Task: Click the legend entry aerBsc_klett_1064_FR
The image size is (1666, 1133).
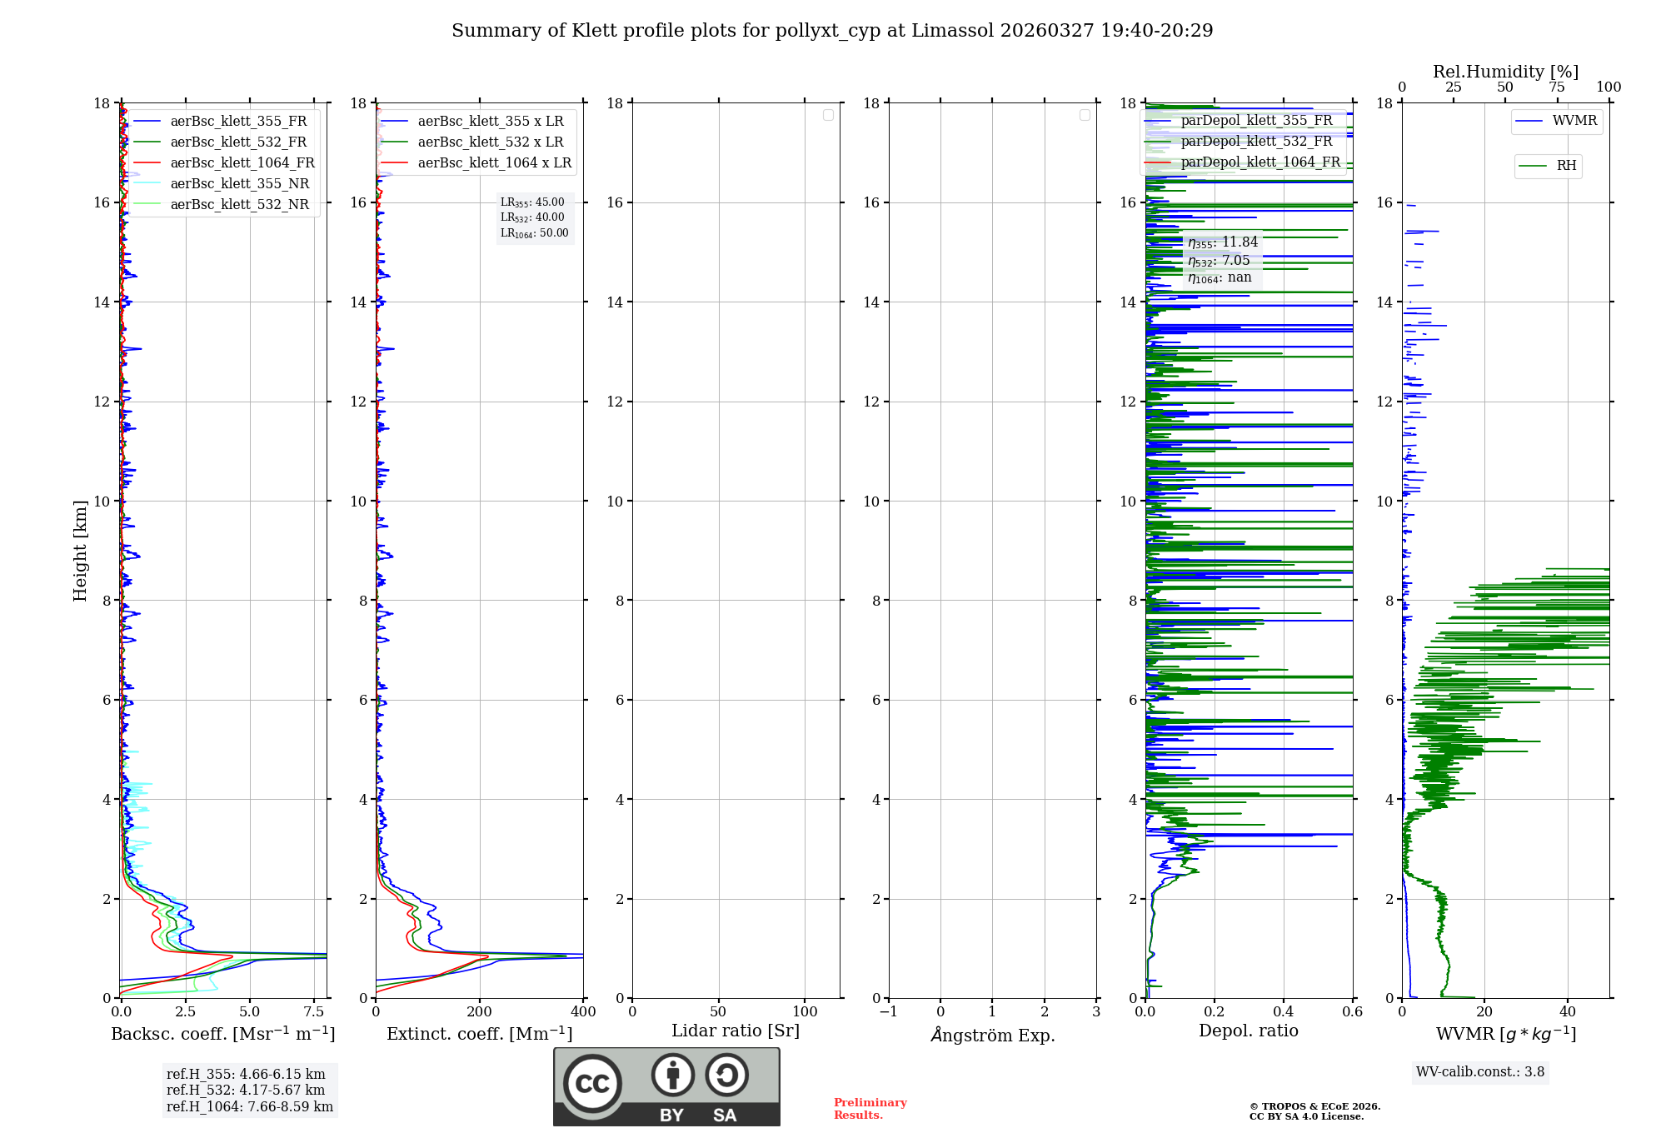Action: pyautogui.click(x=242, y=163)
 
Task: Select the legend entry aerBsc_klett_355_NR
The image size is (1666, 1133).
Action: pyautogui.click(x=239, y=184)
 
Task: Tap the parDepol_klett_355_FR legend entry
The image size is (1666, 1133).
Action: pyautogui.click(x=1256, y=121)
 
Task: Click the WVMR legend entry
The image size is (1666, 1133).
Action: pyautogui.click(x=1574, y=121)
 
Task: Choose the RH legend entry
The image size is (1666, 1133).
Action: pyautogui.click(x=1566, y=166)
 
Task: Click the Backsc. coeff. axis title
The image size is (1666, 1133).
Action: pyautogui.click(x=223, y=1034)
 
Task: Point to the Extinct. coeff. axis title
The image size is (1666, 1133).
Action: pyautogui.click(x=480, y=1034)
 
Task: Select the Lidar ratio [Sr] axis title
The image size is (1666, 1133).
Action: pyautogui.click(x=736, y=1031)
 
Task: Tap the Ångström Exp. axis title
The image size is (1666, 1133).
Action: pyautogui.click(x=993, y=1036)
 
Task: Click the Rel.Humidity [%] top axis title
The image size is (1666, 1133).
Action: pyautogui.click(x=1505, y=72)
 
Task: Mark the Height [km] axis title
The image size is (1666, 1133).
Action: pyautogui.click(x=80, y=550)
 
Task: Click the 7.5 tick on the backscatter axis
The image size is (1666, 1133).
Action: pyautogui.click(x=314, y=1012)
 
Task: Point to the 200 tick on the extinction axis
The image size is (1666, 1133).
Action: pyautogui.click(x=480, y=1012)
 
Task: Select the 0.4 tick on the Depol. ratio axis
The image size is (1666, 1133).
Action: pyautogui.click(x=1284, y=1012)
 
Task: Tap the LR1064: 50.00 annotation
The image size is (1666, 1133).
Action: pyautogui.click(x=535, y=233)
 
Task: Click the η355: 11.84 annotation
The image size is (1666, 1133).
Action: pyautogui.click(x=1223, y=242)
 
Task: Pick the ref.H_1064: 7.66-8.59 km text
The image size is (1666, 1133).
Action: pyautogui.click(x=250, y=1107)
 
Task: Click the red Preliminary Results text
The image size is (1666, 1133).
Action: pyautogui.click(x=870, y=1109)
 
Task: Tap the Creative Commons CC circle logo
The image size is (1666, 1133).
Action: pyautogui.click(x=592, y=1083)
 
